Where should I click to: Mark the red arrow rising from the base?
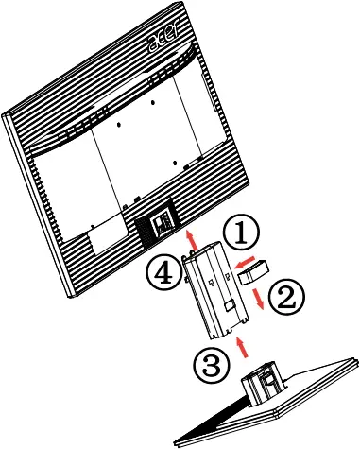[x=245, y=347]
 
